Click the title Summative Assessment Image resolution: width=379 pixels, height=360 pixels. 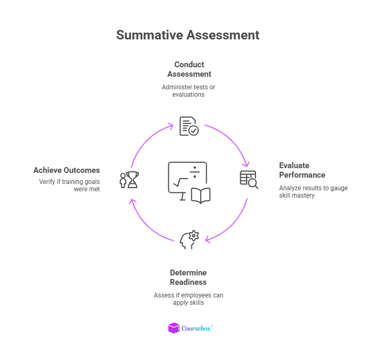[x=188, y=35]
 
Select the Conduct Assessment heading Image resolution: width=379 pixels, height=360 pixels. [x=189, y=69]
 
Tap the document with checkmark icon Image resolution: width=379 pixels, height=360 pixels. [x=189, y=126]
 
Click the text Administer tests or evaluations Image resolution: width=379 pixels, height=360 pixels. [x=189, y=90]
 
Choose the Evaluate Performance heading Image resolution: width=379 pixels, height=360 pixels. [x=302, y=170]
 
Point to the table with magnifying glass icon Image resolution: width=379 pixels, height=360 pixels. [x=249, y=179]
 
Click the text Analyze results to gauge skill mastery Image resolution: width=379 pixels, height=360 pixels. [x=313, y=191]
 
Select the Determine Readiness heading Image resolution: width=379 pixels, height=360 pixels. [x=188, y=277]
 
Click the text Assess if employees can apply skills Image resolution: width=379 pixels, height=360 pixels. [x=188, y=299]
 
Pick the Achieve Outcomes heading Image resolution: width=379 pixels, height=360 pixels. [x=67, y=170]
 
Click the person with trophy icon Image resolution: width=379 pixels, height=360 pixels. [x=129, y=180]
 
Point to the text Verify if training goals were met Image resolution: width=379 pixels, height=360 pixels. [x=69, y=185]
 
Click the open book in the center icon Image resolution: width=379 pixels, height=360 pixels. [x=200, y=195]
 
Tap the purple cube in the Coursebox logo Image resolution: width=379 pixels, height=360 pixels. [x=173, y=328]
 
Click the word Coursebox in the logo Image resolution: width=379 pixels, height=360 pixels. [x=196, y=328]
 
